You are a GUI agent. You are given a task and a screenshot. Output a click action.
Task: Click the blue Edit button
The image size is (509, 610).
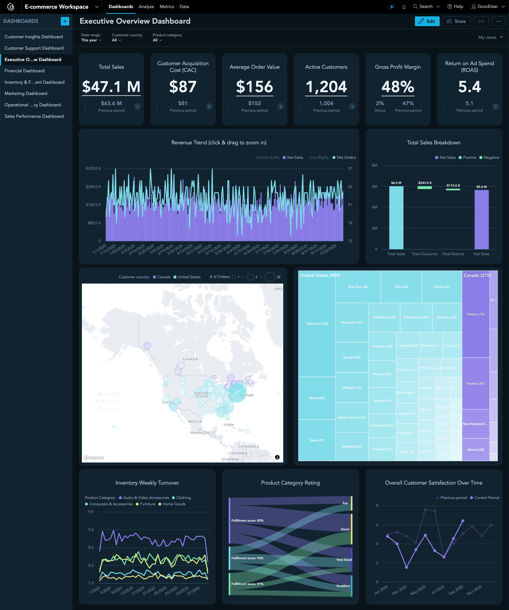coord(427,21)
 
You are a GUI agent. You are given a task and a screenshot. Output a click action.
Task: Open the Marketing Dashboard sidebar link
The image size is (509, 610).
coord(26,93)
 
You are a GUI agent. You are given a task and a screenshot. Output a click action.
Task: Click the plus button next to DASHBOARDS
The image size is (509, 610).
coord(65,21)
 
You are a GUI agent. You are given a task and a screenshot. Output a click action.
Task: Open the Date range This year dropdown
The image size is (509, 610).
coord(91,40)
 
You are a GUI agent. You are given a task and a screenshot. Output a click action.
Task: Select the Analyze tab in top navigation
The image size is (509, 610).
coord(146,7)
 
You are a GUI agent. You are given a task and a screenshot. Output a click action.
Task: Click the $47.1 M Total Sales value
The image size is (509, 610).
coord(111,87)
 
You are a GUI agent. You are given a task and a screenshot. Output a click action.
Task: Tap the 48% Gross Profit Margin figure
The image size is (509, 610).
coord(398,87)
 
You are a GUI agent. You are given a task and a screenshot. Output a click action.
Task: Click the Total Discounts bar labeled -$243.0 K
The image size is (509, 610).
coord(424,187)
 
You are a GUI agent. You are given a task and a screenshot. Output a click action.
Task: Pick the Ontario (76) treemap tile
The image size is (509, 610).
coord(475,314)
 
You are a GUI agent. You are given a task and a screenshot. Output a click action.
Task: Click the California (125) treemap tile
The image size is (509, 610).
coord(317,324)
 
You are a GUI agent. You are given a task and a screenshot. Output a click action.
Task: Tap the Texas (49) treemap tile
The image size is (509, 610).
coord(317,440)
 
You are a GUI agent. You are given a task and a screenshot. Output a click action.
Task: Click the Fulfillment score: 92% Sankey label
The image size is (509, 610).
coord(247,558)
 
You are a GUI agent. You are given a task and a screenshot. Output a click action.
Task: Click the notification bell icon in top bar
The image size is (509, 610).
coord(404,7)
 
